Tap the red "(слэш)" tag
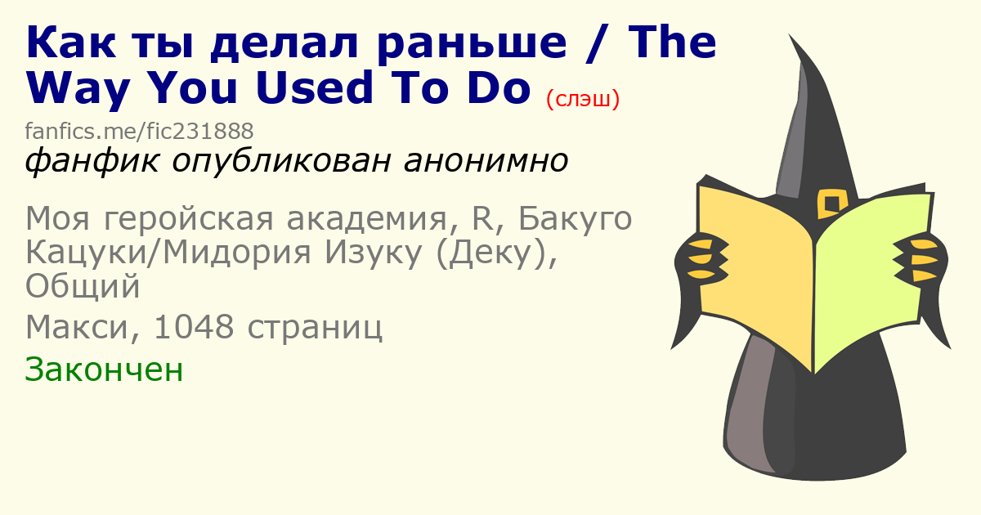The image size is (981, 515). pos(583,99)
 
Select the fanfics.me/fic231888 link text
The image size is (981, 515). pos(139,131)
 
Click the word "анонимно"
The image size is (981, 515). pos(486,161)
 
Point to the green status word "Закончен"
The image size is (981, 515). pos(104,370)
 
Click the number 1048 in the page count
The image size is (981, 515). pos(194,327)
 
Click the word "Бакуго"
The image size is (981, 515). pos(575,219)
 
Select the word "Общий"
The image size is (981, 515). pos(83,286)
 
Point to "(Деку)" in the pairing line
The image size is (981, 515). pos(497,253)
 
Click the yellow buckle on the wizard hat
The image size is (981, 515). pos(832,204)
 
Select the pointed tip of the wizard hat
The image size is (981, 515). pos(790,35)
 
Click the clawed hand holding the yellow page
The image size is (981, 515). pos(701,261)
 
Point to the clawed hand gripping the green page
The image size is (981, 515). pos(920,261)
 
